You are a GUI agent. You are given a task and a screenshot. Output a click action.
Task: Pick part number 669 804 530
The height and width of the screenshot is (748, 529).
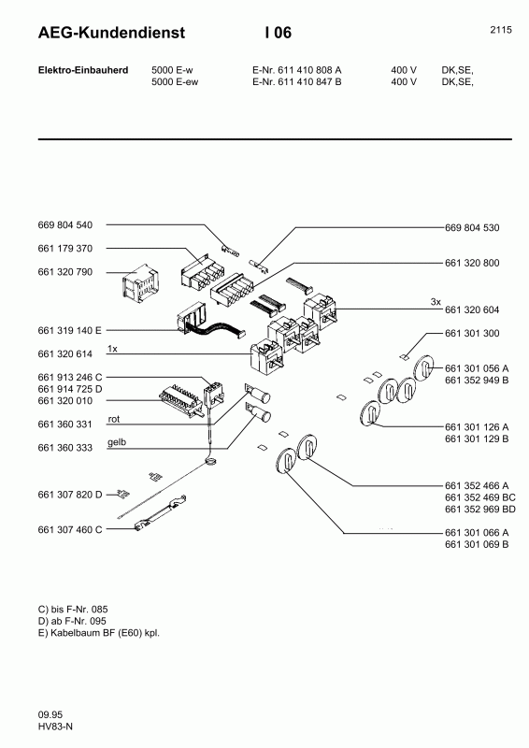point(473,228)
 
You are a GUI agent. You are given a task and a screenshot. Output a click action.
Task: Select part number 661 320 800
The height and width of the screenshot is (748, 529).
point(473,264)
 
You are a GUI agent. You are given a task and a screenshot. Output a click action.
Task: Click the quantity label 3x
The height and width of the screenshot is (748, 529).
point(436,302)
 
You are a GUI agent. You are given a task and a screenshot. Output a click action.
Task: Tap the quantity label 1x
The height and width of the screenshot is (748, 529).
point(112,348)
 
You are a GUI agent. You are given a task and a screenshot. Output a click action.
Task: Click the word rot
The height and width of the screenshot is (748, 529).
point(115,419)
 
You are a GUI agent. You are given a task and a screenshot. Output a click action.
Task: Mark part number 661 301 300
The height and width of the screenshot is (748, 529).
point(473,334)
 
